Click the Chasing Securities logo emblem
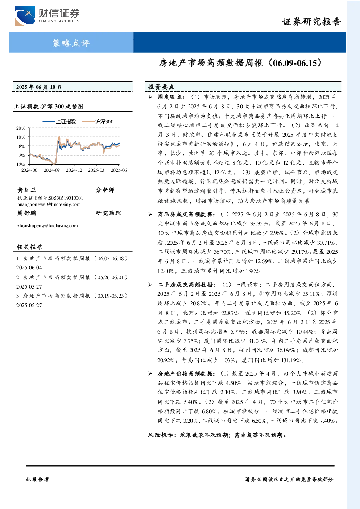pos(25,16)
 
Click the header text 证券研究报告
pos(311,22)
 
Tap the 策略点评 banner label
pos(71,43)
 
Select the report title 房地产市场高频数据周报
pos(211,63)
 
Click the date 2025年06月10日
pos(39,87)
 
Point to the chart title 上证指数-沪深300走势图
pos(49,106)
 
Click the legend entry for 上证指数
pos(59,121)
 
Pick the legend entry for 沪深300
pos(98,121)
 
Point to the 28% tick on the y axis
pos(21,128)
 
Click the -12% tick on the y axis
pos(20,164)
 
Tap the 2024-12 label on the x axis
pos(74,170)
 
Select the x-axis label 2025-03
pos(96,170)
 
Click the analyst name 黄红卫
pos(26,190)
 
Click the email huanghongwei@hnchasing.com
pos(49,204)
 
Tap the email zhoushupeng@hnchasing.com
pos(47,225)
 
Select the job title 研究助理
pos(108,213)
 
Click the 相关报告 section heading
pos(30,247)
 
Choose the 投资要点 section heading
pos(161,87)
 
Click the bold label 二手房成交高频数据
pos(185,285)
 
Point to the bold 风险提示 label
pos(161,435)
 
